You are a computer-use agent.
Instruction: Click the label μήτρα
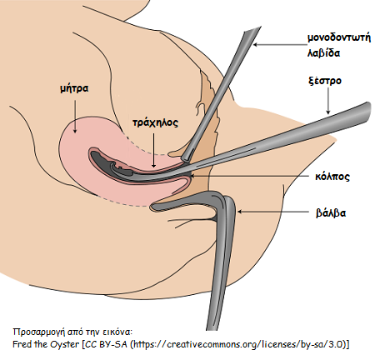pyautogui.click(x=74, y=88)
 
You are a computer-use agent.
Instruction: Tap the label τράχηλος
pyautogui.click(x=155, y=122)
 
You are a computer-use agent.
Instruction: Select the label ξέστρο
pyautogui.click(x=325, y=81)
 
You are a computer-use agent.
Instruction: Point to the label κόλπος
pyautogui.click(x=332, y=177)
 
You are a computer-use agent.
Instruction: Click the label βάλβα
pyautogui.click(x=331, y=212)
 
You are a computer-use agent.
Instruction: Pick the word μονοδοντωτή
pyautogui.click(x=339, y=37)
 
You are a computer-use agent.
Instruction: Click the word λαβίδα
pyautogui.click(x=323, y=52)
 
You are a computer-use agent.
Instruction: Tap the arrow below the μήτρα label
pyautogui.click(x=75, y=117)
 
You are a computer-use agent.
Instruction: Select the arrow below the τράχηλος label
pyautogui.click(x=153, y=150)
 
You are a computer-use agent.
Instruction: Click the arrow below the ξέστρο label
pyautogui.click(x=328, y=101)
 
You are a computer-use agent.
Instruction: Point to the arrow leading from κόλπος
pyautogui.click(x=251, y=176)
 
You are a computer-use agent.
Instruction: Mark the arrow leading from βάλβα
pyautogui.click(x=273, y=212)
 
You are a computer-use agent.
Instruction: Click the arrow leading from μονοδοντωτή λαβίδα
pyautogui.click(x=280, y=44)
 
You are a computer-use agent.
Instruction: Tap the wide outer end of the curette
pyautogui.click(x=368, y=108)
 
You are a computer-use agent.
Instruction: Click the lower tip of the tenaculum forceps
pyautogui.click(x=185, y=158)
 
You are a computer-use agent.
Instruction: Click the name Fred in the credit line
pyautogui.click(x=22, y=344)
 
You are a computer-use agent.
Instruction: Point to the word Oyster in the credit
pyautogui.click(x=64, y=344)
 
